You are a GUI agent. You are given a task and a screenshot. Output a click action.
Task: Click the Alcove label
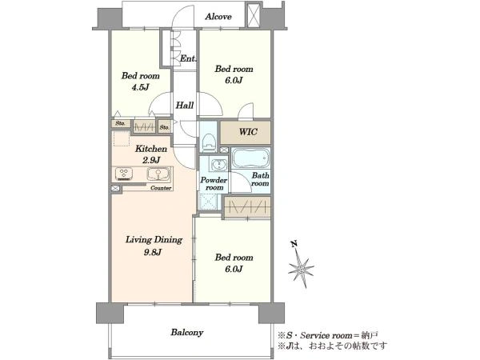pos(218,17)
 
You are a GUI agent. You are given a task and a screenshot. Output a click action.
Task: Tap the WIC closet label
pos(248,132)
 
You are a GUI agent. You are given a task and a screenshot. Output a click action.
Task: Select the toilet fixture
pos(210,142)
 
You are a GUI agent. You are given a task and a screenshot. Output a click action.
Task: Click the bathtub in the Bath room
pos(250,158)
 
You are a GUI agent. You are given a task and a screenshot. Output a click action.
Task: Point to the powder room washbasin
pos(219,164)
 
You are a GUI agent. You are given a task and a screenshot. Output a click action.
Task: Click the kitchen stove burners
pos(124,174)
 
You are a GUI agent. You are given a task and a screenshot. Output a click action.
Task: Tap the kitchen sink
pos(158,174)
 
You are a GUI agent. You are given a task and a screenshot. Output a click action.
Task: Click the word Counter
pos(161,188)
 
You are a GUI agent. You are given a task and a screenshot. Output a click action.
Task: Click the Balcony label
pos(187,333)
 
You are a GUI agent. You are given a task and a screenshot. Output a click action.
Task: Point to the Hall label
pos(185,106)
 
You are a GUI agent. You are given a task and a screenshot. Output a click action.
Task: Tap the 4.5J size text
pos(140,87)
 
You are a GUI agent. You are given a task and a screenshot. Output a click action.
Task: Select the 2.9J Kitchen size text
pos(151,160)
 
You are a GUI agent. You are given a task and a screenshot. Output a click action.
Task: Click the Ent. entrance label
pos(188,58)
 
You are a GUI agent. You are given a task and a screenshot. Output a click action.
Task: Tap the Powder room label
pos(214,184)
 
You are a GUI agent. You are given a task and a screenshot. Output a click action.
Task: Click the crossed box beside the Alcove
pos(254,15)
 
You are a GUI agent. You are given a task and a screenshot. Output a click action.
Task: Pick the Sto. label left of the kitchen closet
pos(120,124)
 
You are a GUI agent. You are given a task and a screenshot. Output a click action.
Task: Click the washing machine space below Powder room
pos(209,202)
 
